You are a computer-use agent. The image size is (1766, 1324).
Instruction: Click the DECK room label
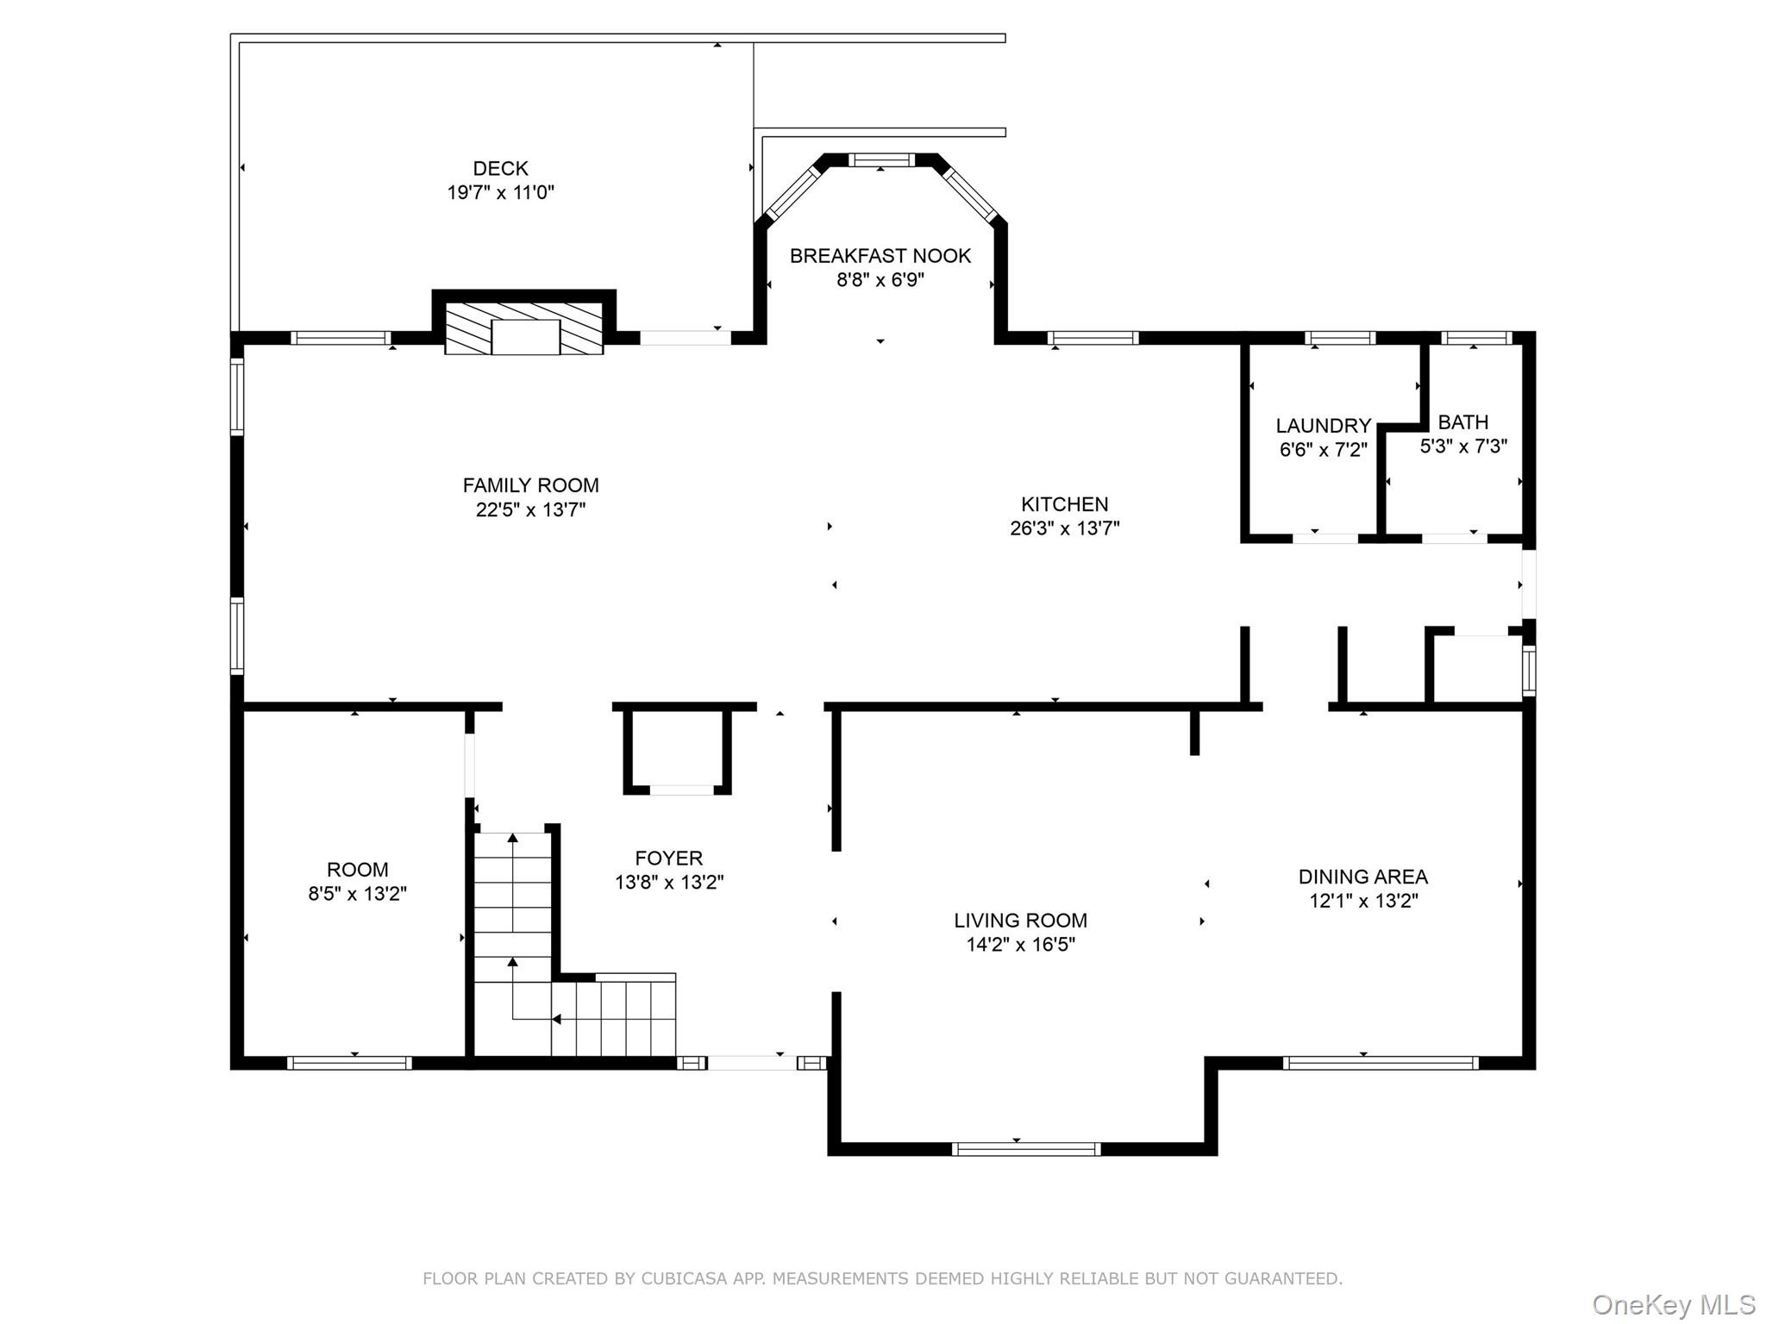[500, 169]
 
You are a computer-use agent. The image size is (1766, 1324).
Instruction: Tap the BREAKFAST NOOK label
[880, 256]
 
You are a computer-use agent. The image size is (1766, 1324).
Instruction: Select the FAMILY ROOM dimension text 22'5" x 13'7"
[530, 510]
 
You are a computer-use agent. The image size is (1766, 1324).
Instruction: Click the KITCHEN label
[1064, 504]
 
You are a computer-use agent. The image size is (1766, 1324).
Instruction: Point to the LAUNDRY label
[1323, 426]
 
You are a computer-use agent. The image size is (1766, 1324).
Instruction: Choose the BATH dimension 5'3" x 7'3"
[1463, 447]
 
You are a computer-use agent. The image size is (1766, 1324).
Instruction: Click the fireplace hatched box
[523, 328]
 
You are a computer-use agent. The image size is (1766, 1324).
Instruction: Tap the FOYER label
[668, 859]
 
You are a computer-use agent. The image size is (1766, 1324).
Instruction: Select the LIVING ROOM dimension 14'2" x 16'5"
[1020, 945]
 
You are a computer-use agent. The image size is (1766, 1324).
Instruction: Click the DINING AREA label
[1362, 877]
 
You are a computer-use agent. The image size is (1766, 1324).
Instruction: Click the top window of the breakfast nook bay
[880, 159]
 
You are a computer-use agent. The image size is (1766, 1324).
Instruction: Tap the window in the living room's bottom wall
[1025, 1149]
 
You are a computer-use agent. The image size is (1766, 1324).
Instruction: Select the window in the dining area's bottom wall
[1380, 1063]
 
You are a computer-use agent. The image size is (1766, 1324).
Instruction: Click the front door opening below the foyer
[751, 1063]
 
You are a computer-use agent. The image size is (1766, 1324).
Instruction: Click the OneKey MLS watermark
[1673, 1305]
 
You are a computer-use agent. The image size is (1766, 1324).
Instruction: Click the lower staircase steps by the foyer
[613, 1019]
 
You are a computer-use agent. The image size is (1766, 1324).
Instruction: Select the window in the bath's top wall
[1475, 338]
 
